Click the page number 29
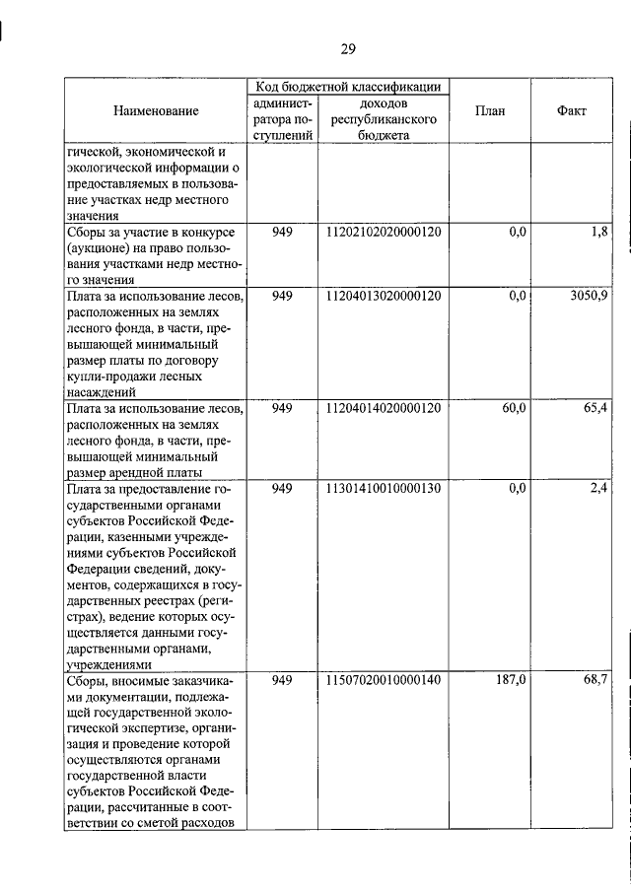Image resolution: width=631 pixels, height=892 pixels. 348,49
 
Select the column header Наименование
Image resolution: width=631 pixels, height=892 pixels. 155,111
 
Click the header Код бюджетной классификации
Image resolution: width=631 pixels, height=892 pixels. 348,87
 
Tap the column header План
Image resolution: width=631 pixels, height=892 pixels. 489,111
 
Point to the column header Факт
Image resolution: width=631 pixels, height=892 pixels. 571,111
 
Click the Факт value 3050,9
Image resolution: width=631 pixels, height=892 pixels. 590,296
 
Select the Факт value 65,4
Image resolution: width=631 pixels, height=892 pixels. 596,407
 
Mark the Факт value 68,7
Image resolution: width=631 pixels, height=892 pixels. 596,680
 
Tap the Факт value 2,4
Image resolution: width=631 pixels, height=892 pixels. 599,488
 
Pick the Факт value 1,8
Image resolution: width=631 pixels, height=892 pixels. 599,232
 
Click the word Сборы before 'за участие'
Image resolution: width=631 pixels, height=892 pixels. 87,232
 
